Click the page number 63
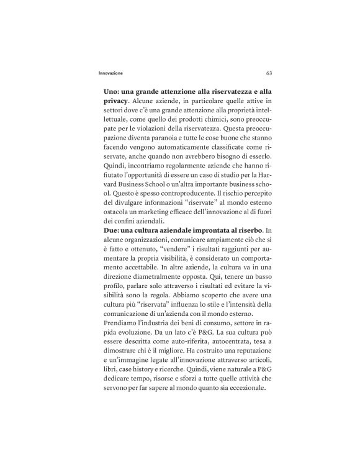tap(268, 72)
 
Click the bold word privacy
tap(115, 101)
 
